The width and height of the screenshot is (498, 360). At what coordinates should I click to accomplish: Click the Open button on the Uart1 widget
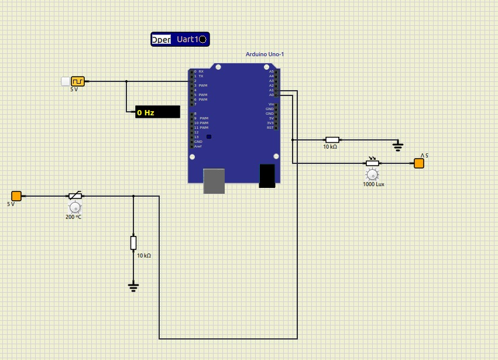(x=162, y=40)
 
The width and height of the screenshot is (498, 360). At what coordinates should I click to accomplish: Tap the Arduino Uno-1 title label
(x=265, y=54)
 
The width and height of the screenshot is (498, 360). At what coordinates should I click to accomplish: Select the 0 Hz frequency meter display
(x=157, y=112)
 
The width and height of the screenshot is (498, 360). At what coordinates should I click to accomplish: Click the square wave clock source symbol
(x=78, y=81)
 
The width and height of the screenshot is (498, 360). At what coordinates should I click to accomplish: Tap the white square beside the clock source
(x=65, y=81)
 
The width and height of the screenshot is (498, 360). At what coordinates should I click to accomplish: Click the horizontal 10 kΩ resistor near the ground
(x=332, y=140)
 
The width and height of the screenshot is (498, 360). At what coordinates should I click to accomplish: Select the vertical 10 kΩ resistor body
(x=133, y=243)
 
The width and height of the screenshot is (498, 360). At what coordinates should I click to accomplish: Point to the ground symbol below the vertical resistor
(x=133, y=286)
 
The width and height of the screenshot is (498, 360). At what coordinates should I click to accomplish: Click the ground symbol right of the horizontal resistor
(x=398, y=145)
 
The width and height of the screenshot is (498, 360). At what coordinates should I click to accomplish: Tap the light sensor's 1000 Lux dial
(x=372, y=174)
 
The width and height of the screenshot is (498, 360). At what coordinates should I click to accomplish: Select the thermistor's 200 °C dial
(x=75, y=207)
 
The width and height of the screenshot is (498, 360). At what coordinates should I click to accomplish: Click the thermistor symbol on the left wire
(x=75, y=196)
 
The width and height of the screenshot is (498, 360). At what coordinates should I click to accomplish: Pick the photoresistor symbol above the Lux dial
(x=372, y=163)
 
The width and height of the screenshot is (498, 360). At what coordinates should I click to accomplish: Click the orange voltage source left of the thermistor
(x=16, y=196)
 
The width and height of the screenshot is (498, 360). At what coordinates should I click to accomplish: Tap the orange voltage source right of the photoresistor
(x=419, y=163)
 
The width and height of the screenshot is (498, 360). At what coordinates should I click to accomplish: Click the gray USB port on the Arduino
(x=214, y=181)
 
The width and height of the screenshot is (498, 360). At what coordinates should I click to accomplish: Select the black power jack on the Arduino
(x=267, y=176)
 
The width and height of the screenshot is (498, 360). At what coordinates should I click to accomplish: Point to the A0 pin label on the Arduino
(x=272, y=95)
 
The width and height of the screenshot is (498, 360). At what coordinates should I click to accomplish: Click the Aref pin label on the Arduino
(x=198, y=146)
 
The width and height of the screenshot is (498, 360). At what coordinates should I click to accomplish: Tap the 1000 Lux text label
(x=373, y=184)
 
